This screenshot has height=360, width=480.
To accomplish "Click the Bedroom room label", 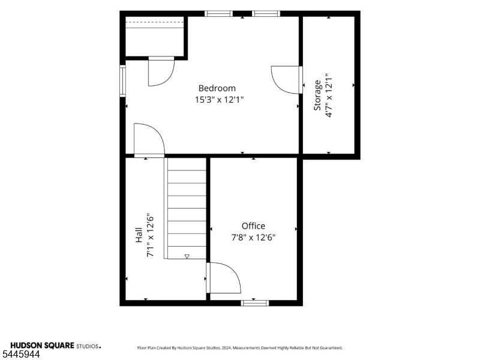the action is point(217,88).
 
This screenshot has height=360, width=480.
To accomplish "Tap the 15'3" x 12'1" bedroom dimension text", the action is point(219,100).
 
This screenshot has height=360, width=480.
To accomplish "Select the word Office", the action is point(253,226).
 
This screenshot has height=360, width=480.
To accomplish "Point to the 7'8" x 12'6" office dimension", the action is point(253,237).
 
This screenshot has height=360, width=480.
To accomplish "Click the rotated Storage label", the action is point(317,95).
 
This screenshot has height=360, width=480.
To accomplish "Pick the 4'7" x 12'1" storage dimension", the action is point(329,95).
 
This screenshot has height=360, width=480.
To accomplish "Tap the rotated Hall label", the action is point(139,235).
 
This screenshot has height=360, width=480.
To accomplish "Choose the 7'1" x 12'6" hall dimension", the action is point(150,235).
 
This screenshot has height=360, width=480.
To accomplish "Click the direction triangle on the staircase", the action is point(187,257).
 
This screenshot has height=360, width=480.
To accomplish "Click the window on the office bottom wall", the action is point(254,303).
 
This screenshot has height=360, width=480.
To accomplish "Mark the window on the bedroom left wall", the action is point(122,81).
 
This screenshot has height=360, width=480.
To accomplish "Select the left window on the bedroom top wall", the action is point(218,13).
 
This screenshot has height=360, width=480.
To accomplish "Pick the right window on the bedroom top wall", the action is point(266,13).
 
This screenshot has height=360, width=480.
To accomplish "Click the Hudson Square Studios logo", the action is point(56,346).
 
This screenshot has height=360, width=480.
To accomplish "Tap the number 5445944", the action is point(20,355).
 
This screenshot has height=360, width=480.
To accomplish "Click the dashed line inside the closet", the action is point(155,22).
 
